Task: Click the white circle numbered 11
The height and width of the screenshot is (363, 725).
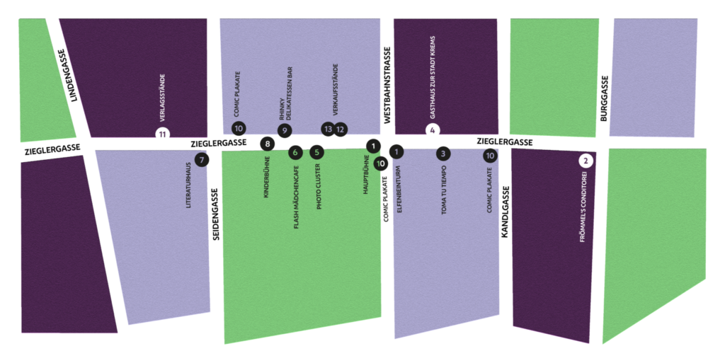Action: tap(163, 134)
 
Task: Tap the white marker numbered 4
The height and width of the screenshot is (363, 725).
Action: tap(433, 131)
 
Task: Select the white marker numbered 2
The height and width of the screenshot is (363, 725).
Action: tap(586, 161)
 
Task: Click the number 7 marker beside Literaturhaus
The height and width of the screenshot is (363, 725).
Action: tap(202, 160)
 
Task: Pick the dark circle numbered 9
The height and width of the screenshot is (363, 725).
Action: tap(284, 130)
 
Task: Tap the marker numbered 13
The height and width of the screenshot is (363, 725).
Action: tap(327, 129)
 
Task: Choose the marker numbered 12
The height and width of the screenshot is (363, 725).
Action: tap(341, 129)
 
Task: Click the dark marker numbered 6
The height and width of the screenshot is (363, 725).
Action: tap(295, 152)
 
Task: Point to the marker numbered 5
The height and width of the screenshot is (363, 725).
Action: tap(316, 152)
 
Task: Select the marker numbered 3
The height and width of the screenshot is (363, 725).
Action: tap(443, 154)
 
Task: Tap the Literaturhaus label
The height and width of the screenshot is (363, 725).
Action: tap(188, 185)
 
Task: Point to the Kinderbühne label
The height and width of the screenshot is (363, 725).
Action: tap(266, 177)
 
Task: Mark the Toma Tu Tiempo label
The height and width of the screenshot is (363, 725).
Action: tap(444, 190)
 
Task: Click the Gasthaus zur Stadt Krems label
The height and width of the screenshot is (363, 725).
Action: tap(433, 77)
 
